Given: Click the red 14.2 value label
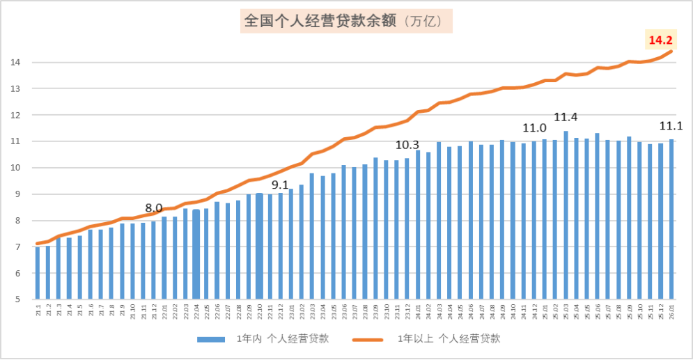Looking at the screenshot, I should tap(660, 40).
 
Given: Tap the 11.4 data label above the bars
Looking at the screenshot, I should tap(565, 117).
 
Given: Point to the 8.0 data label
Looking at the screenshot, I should tap(153, 208).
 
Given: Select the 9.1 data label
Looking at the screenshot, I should tap(280, 185).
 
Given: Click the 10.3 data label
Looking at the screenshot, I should tap(407, 145).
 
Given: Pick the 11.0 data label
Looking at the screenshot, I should tap(534, 127).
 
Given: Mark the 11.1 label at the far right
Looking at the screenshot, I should tap(671, 126).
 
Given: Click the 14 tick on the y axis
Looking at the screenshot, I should tap(14, 63).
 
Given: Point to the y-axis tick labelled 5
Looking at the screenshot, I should tap(16, 300).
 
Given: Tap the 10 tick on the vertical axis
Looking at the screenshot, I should tap(14, 168).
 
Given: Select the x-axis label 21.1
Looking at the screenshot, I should tap(38, 310).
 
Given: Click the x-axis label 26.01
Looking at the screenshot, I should tap(671, 311).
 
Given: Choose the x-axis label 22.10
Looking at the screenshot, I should tap(259, 311).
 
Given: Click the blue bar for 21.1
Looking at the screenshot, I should tap(38, 273).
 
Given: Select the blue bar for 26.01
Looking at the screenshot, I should tap(671, 219).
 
